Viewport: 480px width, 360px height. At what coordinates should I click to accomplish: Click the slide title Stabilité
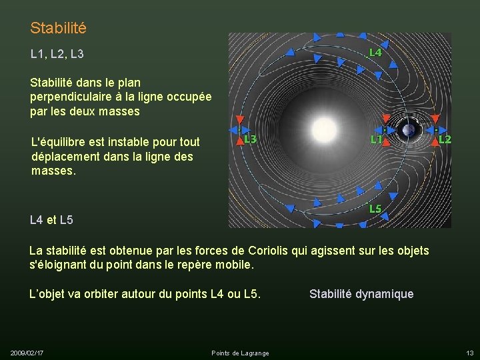point(58,29)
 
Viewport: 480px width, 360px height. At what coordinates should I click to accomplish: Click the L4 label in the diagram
point(375,51)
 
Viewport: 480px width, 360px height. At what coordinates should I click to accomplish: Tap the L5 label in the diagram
point(375,209)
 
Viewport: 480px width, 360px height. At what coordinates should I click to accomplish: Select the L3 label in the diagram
point(251,139)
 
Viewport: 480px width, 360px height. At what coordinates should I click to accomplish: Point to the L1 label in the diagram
point(377,139)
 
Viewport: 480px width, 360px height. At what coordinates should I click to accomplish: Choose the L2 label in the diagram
point(445,139)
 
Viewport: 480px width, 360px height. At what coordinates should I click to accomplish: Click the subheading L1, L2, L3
point(57,53)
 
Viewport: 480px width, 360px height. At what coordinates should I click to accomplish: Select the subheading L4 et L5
point(51,219)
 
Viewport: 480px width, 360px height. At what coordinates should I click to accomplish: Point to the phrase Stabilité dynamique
point(361,294)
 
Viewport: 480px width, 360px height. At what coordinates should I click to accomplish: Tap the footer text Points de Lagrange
point(240,353)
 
